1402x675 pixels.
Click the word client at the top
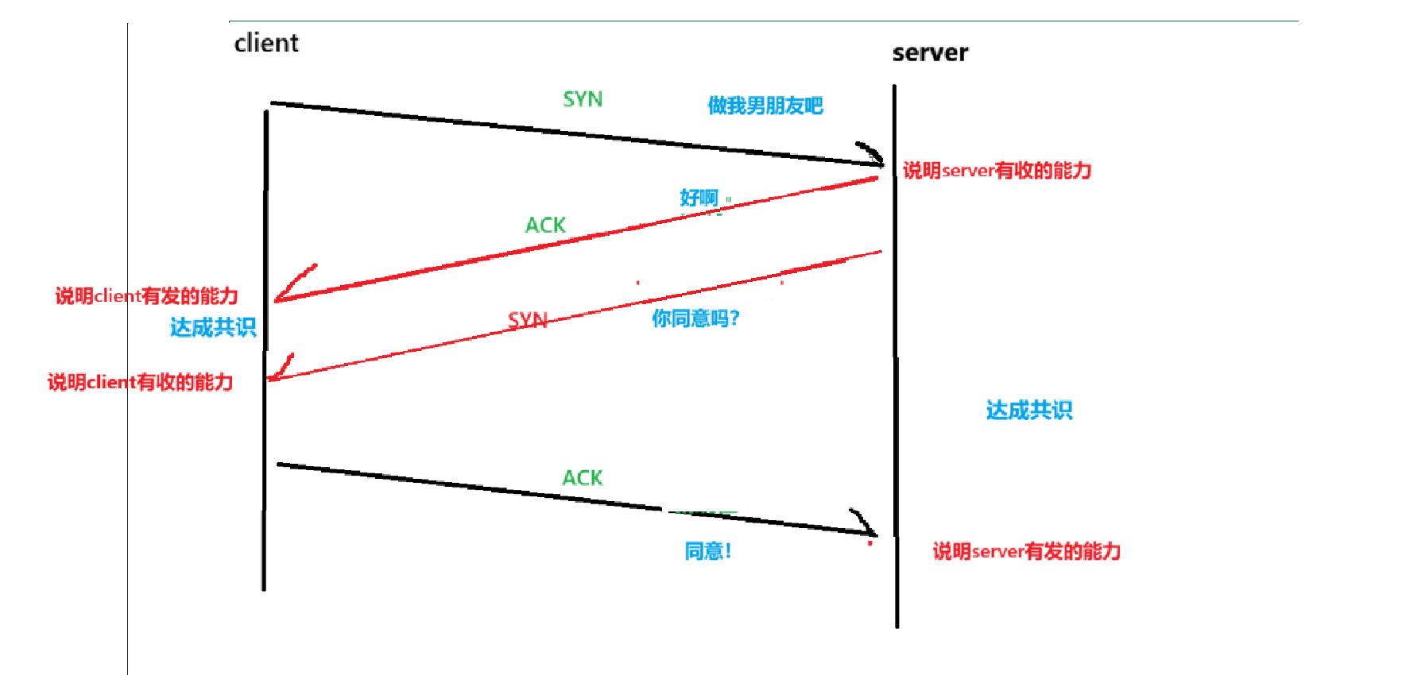[x=266, y=43]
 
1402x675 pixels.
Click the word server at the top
[x=930, y=53]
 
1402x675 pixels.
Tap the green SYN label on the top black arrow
[x=583, y=99]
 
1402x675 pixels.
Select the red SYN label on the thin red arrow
[x=528, y=320]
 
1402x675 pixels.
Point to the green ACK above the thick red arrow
[x=545, y=226]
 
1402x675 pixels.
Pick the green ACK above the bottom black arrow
[x=583, y=478]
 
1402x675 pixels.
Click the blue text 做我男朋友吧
[x=765, y=106]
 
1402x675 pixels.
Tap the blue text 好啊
[x=699, y=198]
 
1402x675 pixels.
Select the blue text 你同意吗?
[x=695, y=318]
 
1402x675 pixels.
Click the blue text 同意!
[x=707, y=551]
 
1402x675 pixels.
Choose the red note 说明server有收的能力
[x=997, y=171]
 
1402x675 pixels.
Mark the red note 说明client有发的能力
[x=146, y=296]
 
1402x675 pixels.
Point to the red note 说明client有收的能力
[x=140, y=383]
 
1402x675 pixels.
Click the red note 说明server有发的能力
[x=1026, y=552]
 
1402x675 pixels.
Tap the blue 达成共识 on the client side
[x=213, y=327]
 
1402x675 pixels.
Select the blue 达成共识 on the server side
[x=1029, y=411]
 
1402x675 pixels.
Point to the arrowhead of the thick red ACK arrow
[x=286, y=293]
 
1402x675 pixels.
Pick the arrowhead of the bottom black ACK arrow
[x=868, y=528]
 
